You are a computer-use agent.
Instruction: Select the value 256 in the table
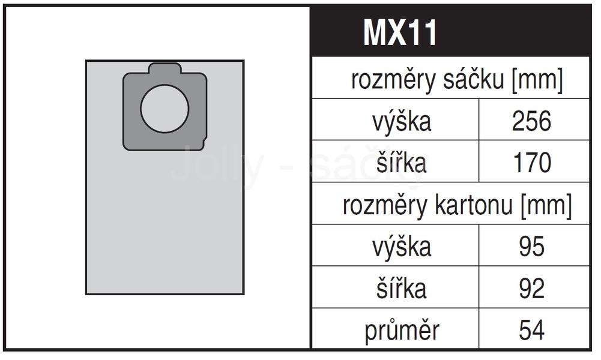[x=531, y=121]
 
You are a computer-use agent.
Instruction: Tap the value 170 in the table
[x=532, y=163]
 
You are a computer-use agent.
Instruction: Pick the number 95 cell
[x=531, y=246]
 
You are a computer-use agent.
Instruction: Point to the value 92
[x=531, y=289]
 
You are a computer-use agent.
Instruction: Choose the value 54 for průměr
[x=531, y=330]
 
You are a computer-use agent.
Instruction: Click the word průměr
[x=402, y=330]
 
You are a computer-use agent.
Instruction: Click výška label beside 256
[x=402, y=121]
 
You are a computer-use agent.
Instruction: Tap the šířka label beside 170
[x=401, y=162]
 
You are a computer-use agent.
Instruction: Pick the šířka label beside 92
[x=401, y=287]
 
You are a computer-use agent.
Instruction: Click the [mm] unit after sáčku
[x=537, y=80]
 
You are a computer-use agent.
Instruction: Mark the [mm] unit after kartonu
[x=546, y=206]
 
